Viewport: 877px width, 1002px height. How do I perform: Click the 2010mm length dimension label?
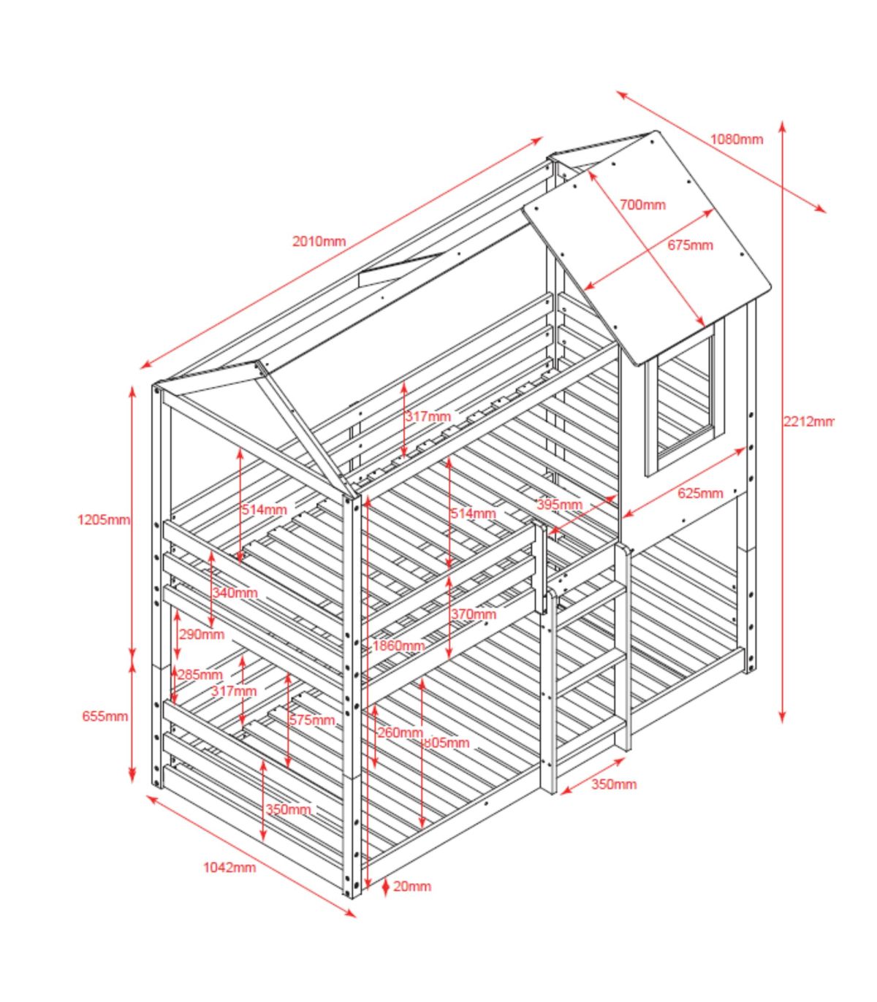pyautogui.click(x=319, y=242)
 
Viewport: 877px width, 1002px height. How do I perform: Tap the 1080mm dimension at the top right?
pyautogui.click(x=736, y=139)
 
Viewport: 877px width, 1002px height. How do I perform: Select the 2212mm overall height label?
pyautogui.click(x=808, y=421)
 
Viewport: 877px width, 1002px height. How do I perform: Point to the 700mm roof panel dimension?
pyautogui.click(x=642, y=204)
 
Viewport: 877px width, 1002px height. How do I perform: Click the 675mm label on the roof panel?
pyautogui.click(x=690, y=245)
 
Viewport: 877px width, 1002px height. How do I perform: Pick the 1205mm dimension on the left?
pyautogui.click(x=103, y=520)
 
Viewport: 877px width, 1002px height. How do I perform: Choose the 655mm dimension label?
pyautogui.click(x=105, y=716)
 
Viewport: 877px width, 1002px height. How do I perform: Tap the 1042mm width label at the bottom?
pyautogui.click(x=229, y=867)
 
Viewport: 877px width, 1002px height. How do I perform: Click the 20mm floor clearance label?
pyautogui.click(x=412, y=886)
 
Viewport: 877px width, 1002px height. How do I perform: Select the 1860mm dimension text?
pyautogui.click(x=398, y=646)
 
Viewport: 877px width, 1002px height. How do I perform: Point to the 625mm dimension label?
pyautogui.click(x=700, y=493)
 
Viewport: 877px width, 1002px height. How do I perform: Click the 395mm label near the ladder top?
pyautogui.click(x=559, y=504)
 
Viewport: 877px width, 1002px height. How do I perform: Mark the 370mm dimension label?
pyautogui.click(x=473, y=614)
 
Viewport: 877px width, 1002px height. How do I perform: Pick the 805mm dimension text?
pyautogui.click(x=447, y=743)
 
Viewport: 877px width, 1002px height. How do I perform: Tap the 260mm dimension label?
pyautogui.click(x=400, y=732)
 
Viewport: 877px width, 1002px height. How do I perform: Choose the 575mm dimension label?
pyautogui.click(x=312, y=720)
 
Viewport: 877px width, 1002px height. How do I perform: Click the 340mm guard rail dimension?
pyautogui.click(x=235, y=592)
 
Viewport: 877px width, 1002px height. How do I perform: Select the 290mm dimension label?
pyautogui.click(x=202, y=634)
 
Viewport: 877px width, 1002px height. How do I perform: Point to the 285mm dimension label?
pyautogui.click(x=200, y=674)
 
